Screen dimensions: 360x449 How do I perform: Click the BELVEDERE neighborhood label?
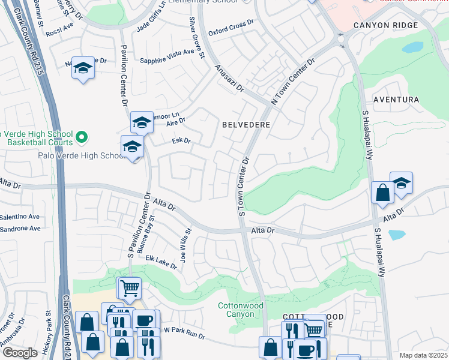246,125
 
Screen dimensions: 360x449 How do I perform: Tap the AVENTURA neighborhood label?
396,99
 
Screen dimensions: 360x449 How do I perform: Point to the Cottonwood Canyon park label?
240,310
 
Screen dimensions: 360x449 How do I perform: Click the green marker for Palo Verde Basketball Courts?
83,137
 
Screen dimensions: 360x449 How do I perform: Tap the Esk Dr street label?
181,141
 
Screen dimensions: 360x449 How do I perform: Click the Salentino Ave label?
19,217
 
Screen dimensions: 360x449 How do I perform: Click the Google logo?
20,352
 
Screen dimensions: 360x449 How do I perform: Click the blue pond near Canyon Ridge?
412,47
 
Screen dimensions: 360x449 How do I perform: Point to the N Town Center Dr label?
294,82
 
